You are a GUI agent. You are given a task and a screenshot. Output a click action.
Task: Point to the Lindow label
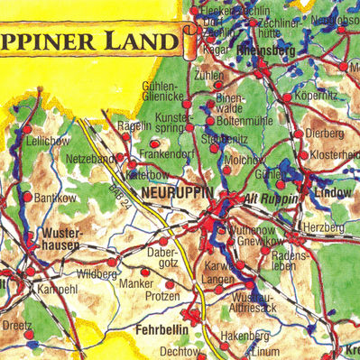tap(334, 194)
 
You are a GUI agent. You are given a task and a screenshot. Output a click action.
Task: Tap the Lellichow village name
tap(49, 142)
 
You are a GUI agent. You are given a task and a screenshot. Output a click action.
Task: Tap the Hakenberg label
tap(245, 335)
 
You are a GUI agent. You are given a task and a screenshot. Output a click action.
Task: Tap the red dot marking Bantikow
tap(27, 196)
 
